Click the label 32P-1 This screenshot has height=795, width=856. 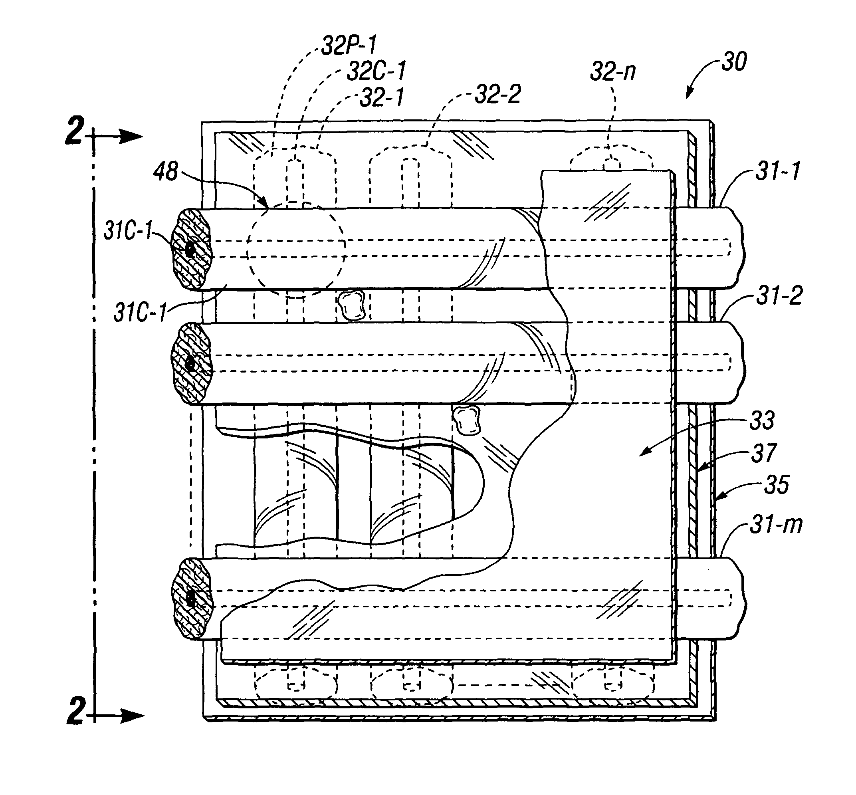click(349, 45)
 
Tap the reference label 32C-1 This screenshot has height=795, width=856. click(376, 71)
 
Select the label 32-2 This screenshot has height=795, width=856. click(498, 94)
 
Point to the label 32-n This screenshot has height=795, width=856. click(612, 71)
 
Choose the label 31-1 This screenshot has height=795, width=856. click(778, 171)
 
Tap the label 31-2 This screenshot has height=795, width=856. click(779, 296)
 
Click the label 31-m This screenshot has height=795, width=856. click(777, 525)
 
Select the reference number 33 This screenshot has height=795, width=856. click(762, 420)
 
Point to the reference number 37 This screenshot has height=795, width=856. click(763, 453)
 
